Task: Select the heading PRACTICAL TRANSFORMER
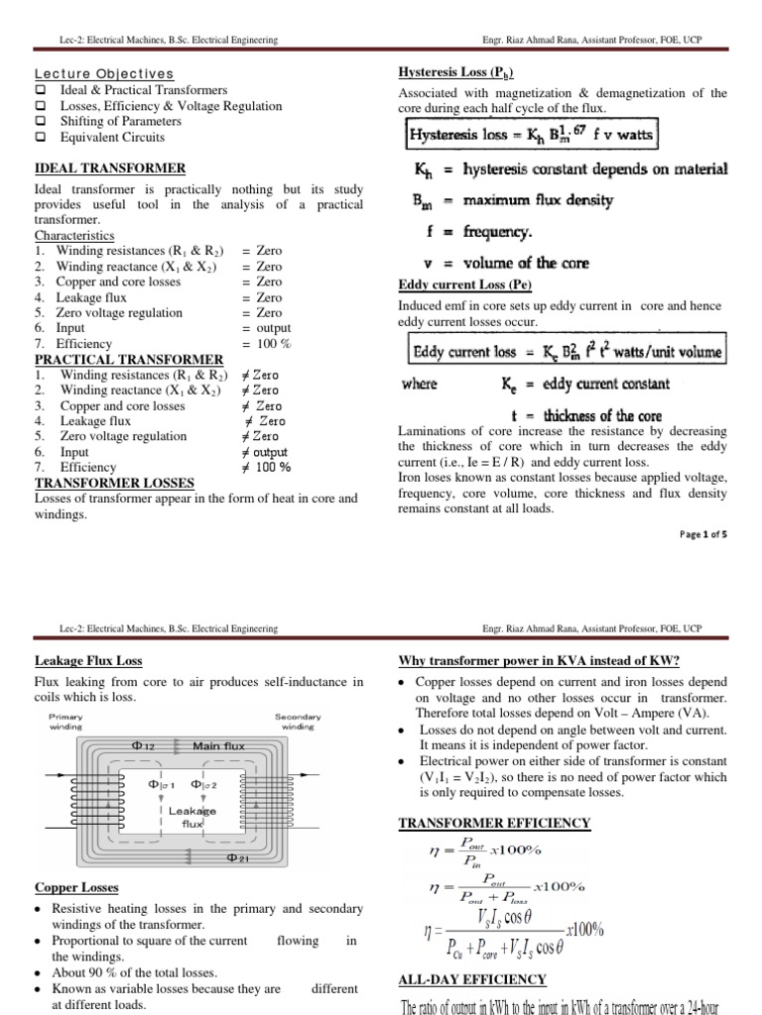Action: click(129, 359)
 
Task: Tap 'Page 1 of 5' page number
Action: click(702, 533)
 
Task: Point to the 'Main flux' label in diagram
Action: click(219, 745)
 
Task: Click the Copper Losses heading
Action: click(76, 888)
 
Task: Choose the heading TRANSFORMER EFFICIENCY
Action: click(494, 823)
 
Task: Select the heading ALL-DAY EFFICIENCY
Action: click(472, 979)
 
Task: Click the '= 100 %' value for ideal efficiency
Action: click(266, 343)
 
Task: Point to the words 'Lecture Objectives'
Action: click(104, 74)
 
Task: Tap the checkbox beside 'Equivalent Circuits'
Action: click(41, 137)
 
